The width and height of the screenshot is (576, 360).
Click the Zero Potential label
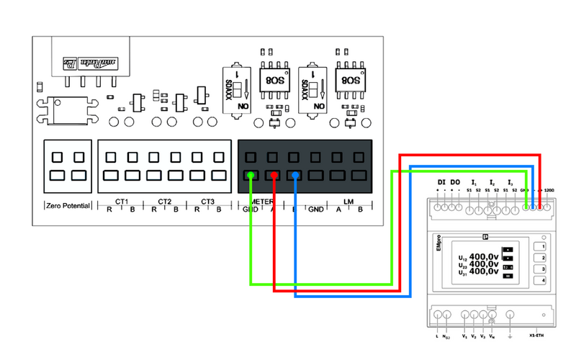(68, 205)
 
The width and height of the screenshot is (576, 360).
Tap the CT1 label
(121, 201)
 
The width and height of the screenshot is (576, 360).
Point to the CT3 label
(207, 201)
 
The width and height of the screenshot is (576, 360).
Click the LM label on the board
(349, 201)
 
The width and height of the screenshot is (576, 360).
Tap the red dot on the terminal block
(273, 174)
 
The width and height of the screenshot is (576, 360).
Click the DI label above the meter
(442, 182)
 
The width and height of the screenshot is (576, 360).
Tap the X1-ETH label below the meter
(537, 336)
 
